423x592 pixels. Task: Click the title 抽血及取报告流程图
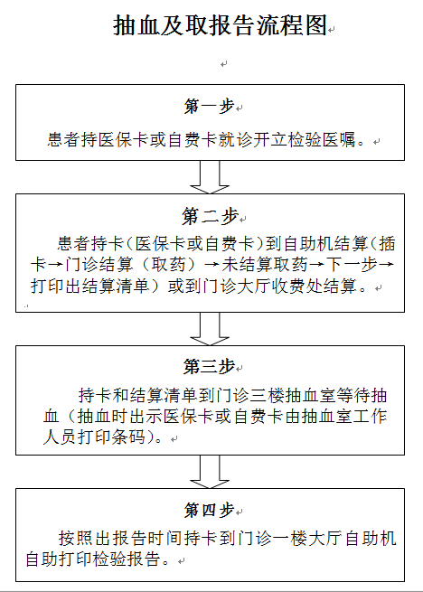click(220, 25)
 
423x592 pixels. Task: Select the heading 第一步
click(209, 106)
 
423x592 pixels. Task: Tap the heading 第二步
click(210, 216)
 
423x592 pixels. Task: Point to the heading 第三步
click(209, 366)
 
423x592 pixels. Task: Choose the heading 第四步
click(209, 510)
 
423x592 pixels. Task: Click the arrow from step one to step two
click(210, 177)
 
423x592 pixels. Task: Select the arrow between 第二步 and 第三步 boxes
click(210, 329)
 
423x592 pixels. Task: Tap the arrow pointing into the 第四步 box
click(210, 472)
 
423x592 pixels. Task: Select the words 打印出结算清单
click(90, 286)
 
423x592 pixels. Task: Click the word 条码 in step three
click(128, 437)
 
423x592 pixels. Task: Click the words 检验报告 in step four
click(126, 559)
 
